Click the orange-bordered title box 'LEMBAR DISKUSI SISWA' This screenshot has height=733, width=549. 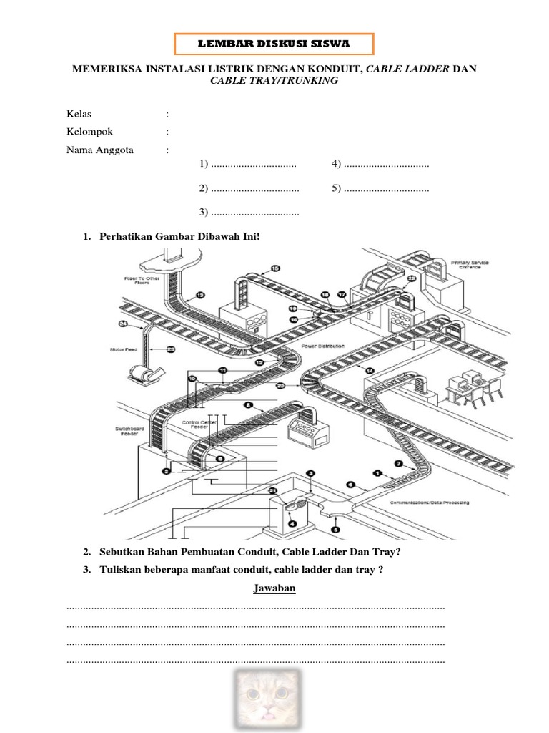tap(274, 44)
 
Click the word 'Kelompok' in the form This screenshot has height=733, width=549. tap(89, 132)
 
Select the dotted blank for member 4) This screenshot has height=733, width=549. tap(386, 165)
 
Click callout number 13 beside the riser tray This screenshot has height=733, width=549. tap(199, 295)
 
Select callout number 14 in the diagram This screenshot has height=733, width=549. tap(370, 370)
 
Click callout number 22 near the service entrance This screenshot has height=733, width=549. tap(412, 278)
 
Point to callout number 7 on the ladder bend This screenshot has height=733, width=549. tap(398, 464)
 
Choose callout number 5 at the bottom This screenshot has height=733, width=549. tap(337, 530)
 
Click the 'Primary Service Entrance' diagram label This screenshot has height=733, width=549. tap(470, 266)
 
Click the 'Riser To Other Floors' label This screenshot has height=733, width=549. tap(140, 279)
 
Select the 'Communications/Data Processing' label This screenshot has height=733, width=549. tap(429, 503)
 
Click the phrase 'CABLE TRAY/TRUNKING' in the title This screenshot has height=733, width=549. tap(274, 81)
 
